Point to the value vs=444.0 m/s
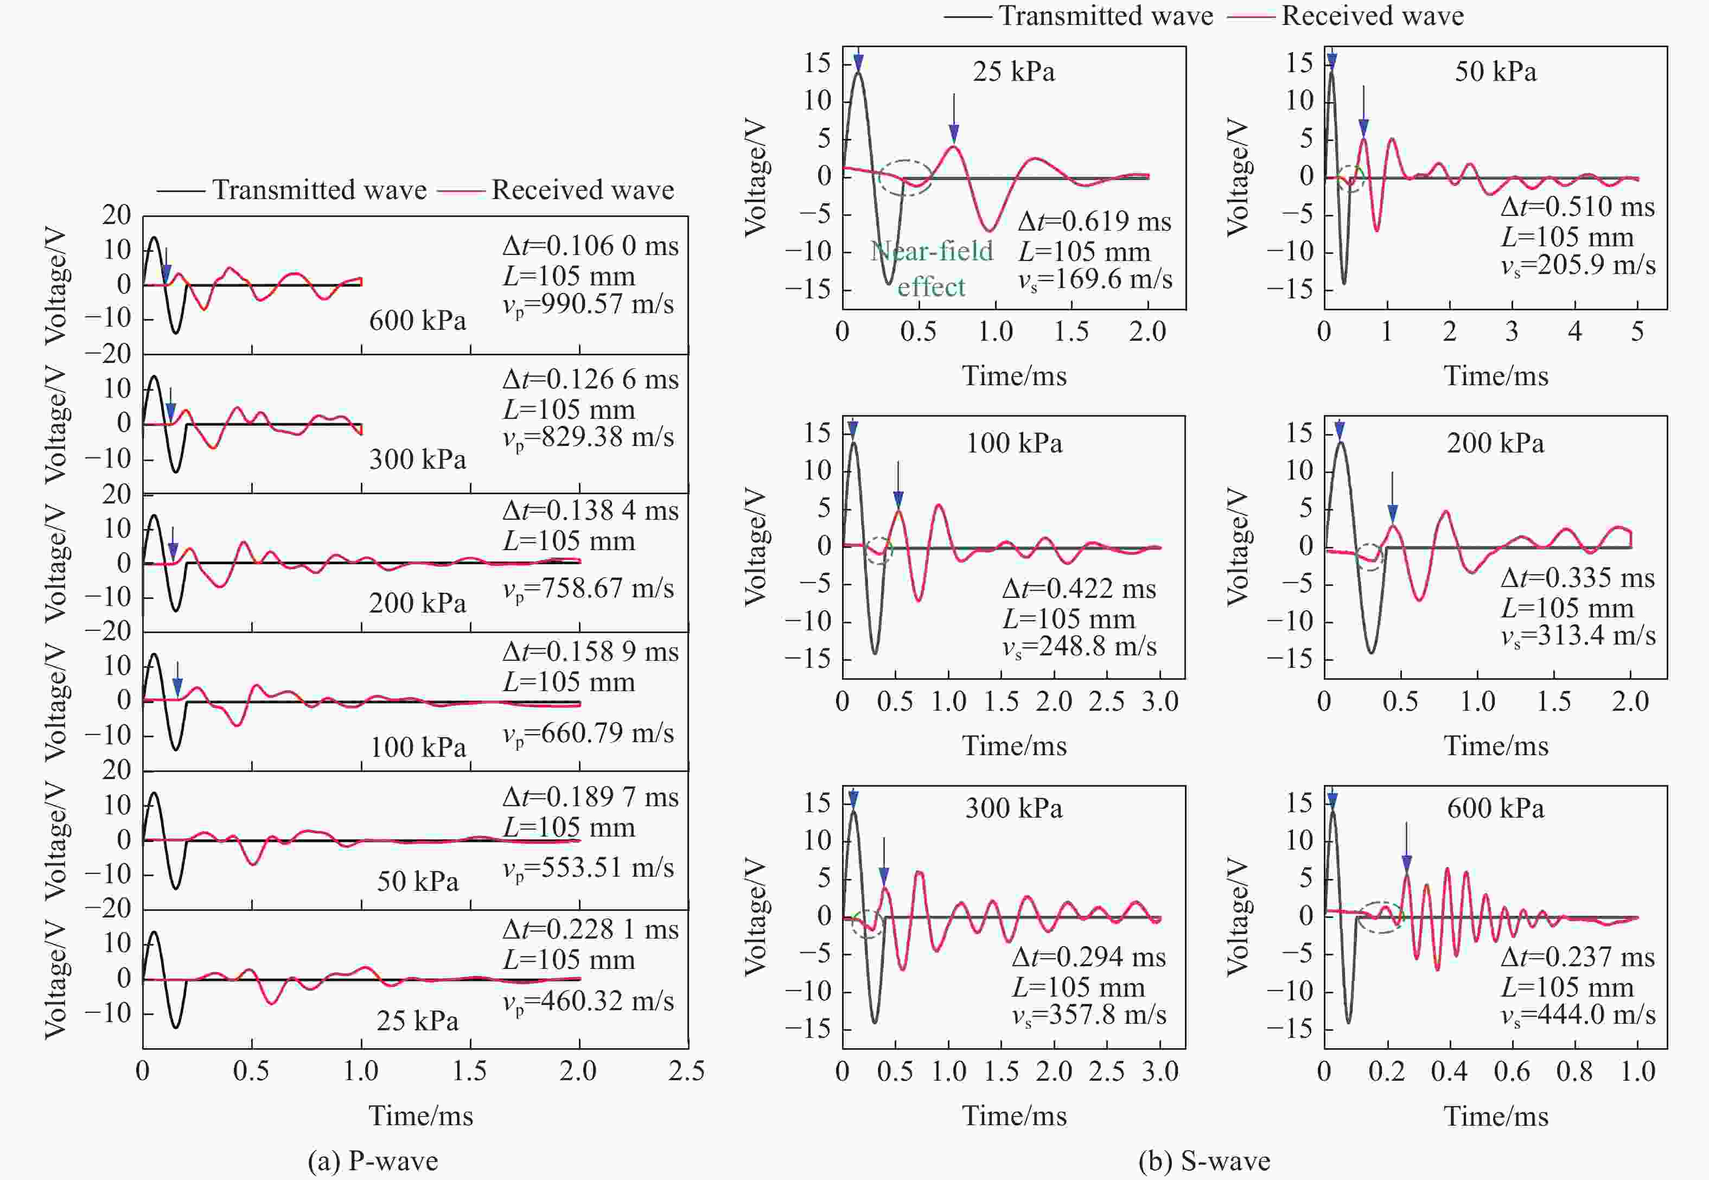(x=1578, y=1015)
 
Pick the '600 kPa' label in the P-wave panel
(x=418, y=320)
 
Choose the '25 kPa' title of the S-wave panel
(x=1013, y=72)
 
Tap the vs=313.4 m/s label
(x=1578, y=636)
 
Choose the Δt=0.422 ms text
(x=1079, y=589)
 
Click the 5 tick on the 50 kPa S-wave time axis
(x=1637, y=331)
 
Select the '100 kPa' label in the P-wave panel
(x=418, y=748)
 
